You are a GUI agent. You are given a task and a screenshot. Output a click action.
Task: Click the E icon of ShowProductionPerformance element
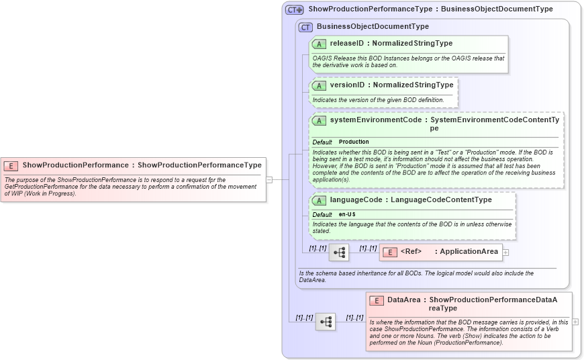[11, 165]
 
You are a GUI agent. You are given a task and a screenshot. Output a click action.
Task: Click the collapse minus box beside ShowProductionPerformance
[269, 179]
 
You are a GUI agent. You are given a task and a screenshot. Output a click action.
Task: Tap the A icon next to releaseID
[320, 44]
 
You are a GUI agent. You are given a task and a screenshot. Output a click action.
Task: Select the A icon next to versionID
[320, 85]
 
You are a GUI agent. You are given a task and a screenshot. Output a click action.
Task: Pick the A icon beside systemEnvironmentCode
[320, 120]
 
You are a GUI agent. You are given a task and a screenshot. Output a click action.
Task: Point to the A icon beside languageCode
[320, 200]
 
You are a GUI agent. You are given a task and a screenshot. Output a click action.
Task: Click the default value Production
[354, 142]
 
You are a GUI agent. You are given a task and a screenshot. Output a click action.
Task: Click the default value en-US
[347, 214]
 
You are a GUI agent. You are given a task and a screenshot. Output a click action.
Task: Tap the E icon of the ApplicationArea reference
[390, 252]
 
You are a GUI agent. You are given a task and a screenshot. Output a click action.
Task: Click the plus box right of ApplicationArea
[505, 253]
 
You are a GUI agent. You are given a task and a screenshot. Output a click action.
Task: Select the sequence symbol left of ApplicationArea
[339, 253]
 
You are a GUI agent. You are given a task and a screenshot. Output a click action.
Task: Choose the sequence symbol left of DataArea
[326, 322]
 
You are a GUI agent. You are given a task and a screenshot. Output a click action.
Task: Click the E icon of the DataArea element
[377, 300]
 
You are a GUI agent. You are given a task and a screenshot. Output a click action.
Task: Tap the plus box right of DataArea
[575, 322]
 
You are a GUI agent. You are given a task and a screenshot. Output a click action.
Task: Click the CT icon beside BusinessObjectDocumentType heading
[305, 27]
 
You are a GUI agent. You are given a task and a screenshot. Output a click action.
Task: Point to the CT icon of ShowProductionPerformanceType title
[294, 9]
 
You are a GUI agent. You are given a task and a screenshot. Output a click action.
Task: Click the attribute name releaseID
[347, 44]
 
